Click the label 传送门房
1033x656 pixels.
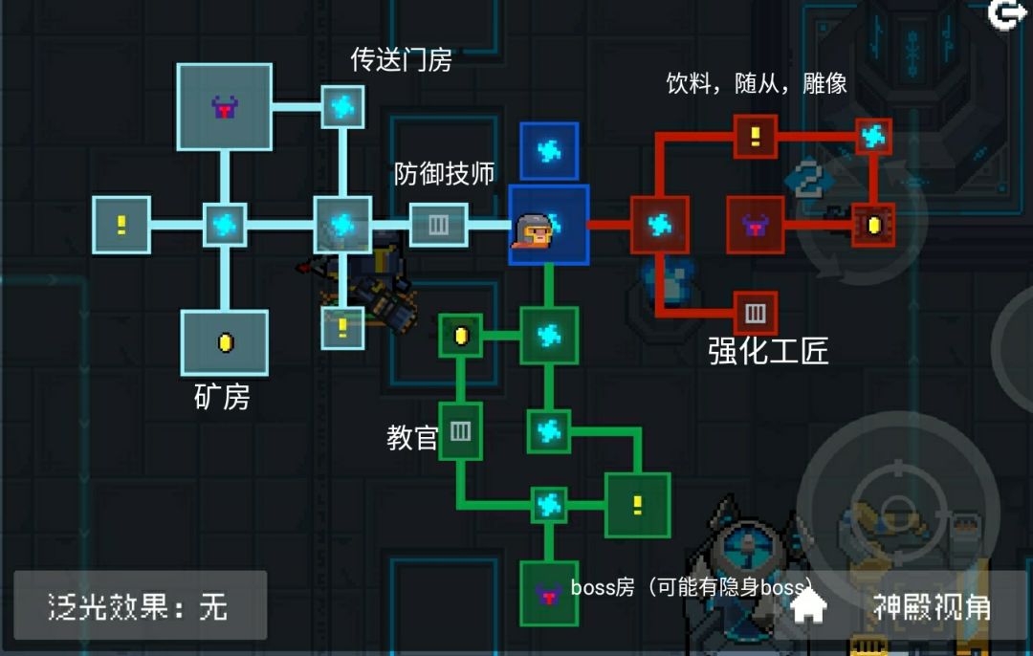pos(401,60)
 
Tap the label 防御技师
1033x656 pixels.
pos(444,174)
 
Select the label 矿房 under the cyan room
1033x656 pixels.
pos(222,397)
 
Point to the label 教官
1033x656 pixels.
pos(411,438)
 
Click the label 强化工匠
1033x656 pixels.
pos(768,350)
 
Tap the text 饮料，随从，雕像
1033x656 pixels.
pos(757,83)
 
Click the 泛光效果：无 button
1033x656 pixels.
pos(141,605)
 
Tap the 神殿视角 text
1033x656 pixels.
pos(932,606)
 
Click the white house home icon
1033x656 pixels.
pos(808,604)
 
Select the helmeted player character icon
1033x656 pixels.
pos(533,230)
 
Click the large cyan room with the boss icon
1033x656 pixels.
pos(225,107)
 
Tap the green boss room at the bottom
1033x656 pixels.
pos(549,594)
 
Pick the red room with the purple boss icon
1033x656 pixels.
pos(755,226)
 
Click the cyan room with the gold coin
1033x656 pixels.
pos(225,342)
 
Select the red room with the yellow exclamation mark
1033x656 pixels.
pos(755,137)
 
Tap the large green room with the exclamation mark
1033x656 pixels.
pos(638,505)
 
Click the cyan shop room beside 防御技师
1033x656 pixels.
pos(438,225)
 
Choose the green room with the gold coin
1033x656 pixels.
pos(460,336)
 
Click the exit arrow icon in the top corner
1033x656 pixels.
pos(1006,13)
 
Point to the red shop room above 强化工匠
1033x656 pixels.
pos(755,314)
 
